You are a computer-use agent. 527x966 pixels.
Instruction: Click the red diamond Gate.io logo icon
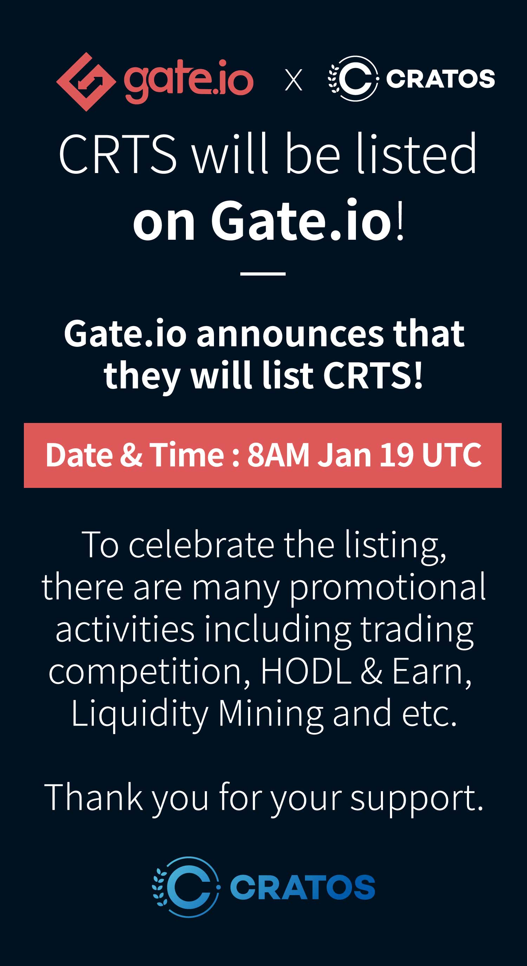point(86,82)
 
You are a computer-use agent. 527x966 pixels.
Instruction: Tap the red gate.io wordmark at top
point(189,82)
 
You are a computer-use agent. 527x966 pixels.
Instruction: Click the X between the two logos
point(293,80)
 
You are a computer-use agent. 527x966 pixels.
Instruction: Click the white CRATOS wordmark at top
point(440,79)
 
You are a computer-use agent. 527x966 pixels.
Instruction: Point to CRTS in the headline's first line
point(117,154)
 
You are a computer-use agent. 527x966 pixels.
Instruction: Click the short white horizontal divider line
point(263,274)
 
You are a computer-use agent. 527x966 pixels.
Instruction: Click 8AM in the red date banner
point(278,455)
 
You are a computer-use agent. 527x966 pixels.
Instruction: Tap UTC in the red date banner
point(451,455)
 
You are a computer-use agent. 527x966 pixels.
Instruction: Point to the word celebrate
point(202,545)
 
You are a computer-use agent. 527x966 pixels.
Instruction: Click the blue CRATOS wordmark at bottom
point(302,887)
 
